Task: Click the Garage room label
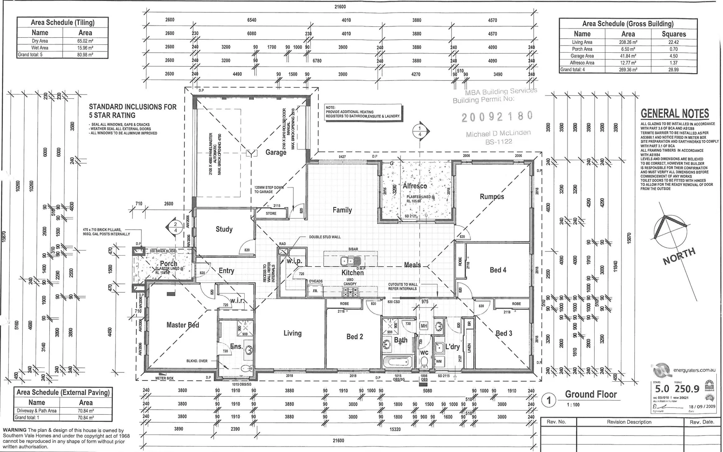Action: pyautogui.click(x=276, y=152)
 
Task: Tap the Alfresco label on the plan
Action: pyautogui.click(x=415, y=186)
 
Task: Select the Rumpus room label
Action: pyautogui.click(x=492, y=197)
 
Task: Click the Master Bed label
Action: pyautogui.click(x=183, y=325)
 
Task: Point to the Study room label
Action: pyautogui.click(x=224, y=229)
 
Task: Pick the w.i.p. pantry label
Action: pyautogui.click(x=294, y=261)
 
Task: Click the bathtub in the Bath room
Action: pyautogui.click(x=397, y=362)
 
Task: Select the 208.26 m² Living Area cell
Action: pyautogui.click(x=628, y=42)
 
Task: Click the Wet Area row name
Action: pyautogui.click(x=40, y=48)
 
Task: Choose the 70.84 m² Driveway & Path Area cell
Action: pyautogui.click(x=86, y=411)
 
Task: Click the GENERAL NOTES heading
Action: pyautogui.click(x=674, y=113)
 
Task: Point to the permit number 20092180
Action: pyautogui.click(x=497, y=116)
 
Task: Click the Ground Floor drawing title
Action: pyautogui.click(x=590, y=394)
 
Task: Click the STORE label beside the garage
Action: pyautogui.click(x=271, y=213)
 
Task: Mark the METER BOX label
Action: pyautogui.click(x=164, y=378)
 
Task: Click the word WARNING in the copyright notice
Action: pyautogui.click(x=15, y=430)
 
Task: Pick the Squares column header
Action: pyautogui.click(x=673, y=34)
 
